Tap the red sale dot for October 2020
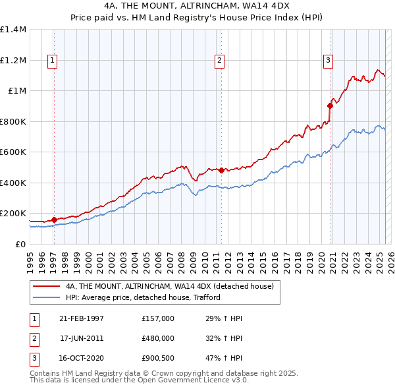330,105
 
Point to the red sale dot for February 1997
54,220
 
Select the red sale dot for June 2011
221,170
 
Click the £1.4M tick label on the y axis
13,30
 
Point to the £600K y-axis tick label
13,152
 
